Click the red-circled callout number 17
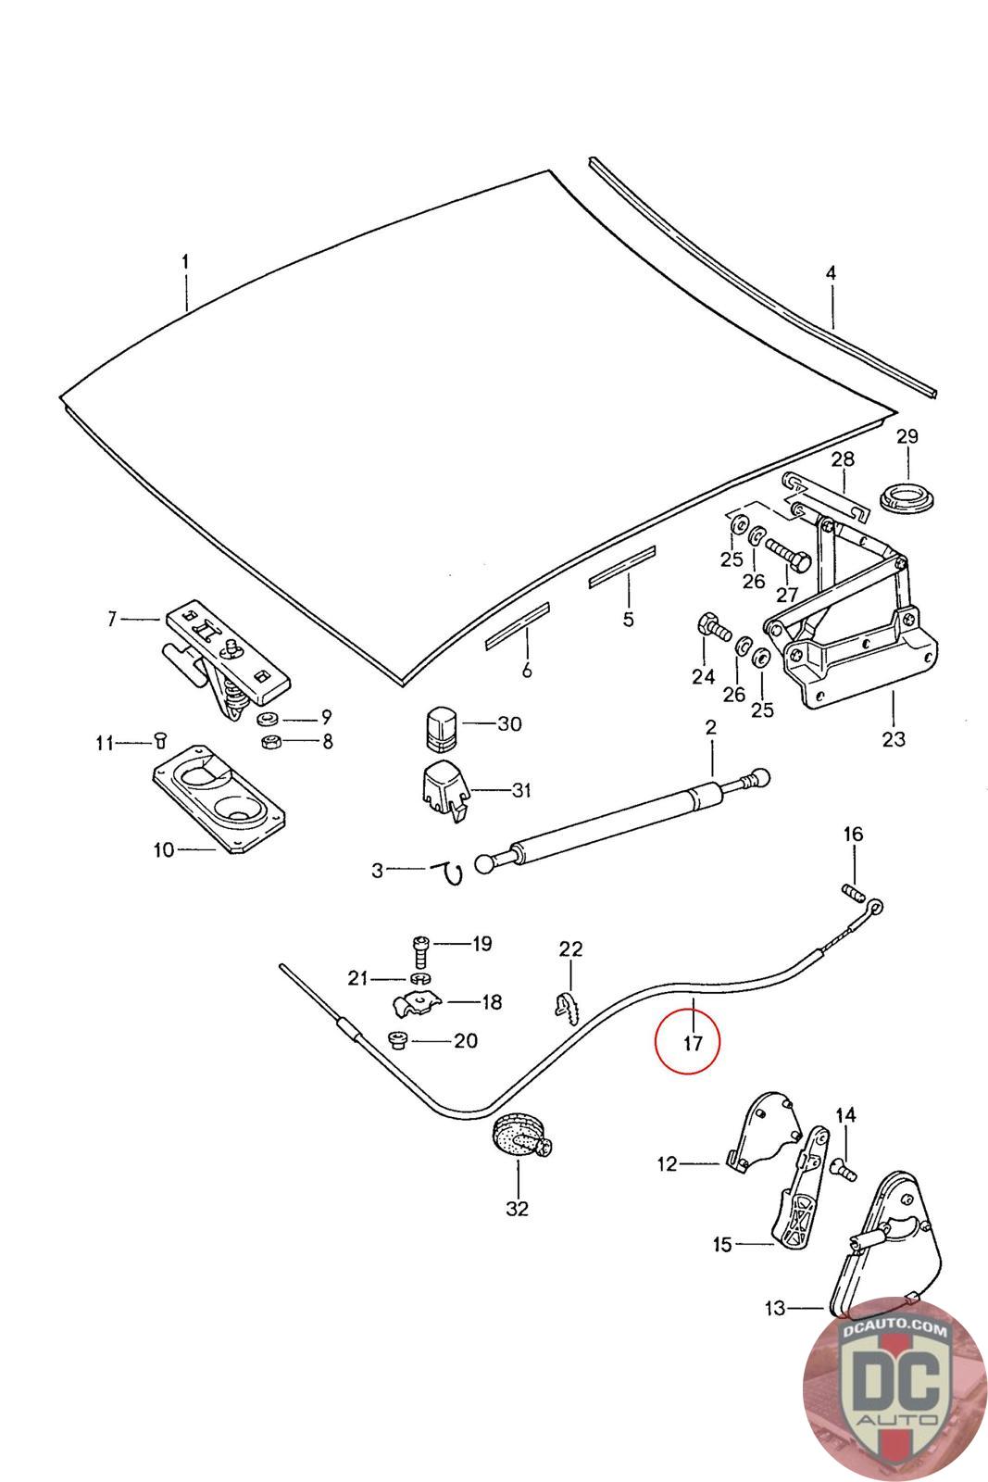click(x=693, y=1042)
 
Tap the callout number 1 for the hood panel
click(x=185, y=262)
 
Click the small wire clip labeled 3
click(x=453, y=872)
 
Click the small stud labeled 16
click(x=853, y=894)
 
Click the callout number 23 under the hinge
click(x=894, y=739)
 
